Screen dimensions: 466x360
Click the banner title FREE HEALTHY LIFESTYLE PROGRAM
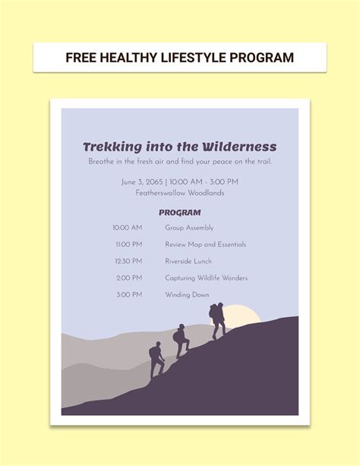[x=179, y=58]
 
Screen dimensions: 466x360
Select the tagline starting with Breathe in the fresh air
[x=179, y=161]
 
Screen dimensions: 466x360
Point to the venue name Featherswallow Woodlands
[x=179, y=193]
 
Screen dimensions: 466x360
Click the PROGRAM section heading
[x=179, y=213]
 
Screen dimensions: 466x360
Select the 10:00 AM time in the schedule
[x=127, y=228]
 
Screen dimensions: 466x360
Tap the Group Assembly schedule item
[x=189, y=228]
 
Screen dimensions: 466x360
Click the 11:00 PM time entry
[x=128, y=245]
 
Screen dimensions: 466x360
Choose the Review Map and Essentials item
[x=205, y=245]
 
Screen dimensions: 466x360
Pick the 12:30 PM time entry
[x=128, y=262]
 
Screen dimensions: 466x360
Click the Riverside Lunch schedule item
[x=188, y=262]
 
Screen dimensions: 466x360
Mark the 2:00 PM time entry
[x=128, y=278]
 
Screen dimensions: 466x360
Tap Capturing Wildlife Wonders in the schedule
[x=206, y=278]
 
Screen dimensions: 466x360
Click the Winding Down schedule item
[x=187, y=295]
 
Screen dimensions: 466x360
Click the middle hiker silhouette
[x=181, y=341]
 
